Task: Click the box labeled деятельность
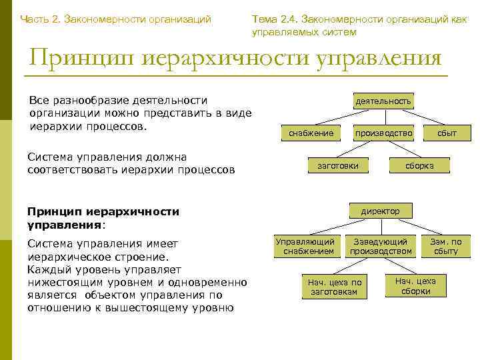pyautogui.click(x=383, y=101)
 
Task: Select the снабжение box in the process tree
pyautogui.click(x=311, y=133)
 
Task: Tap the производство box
pyautogui.click(x=383, y=133)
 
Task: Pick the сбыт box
pyautogui.click(x=447, y=133)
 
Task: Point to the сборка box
pyautogui.click(x=419, y=165)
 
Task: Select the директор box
pyautogui.click(x=381, y=211)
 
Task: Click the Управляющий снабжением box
pyautogui.click(x=308, y=246)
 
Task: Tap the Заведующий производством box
pyautogui.click(x=381, y=246)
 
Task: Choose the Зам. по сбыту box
pyautogui.click(x=446, y=246)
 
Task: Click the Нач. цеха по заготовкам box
pyautogui.click(x=334, y=287)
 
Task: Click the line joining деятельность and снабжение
pyautogui.click(x=339, y=119)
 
